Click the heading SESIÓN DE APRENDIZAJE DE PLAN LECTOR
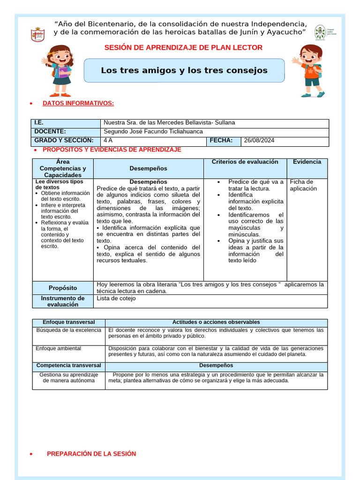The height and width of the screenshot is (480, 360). click(183, 47)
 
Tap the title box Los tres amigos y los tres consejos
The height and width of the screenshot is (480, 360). click(184, 71)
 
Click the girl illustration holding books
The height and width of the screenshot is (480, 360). click(60, 70)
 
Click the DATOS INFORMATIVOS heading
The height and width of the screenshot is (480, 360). click(78, 103)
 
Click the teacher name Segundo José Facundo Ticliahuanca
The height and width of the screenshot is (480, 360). click(153, 132)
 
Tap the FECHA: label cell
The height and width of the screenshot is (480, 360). click(221, 141)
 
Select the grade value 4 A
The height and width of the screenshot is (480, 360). click(108, 141)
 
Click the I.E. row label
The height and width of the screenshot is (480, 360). click(39, 123)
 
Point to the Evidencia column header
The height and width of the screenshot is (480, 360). click(307, 162)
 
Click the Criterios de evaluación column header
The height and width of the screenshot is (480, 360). click(245, 162)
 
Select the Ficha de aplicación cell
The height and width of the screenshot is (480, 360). click(303, 185)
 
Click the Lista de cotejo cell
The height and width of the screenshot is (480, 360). click(116, 298)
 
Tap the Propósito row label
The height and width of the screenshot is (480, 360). click(63, 288)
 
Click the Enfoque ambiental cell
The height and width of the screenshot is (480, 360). click(59, 348)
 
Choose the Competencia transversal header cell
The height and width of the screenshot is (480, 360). click(69, 366)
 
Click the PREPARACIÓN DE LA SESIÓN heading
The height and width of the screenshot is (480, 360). click(91, 454)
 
